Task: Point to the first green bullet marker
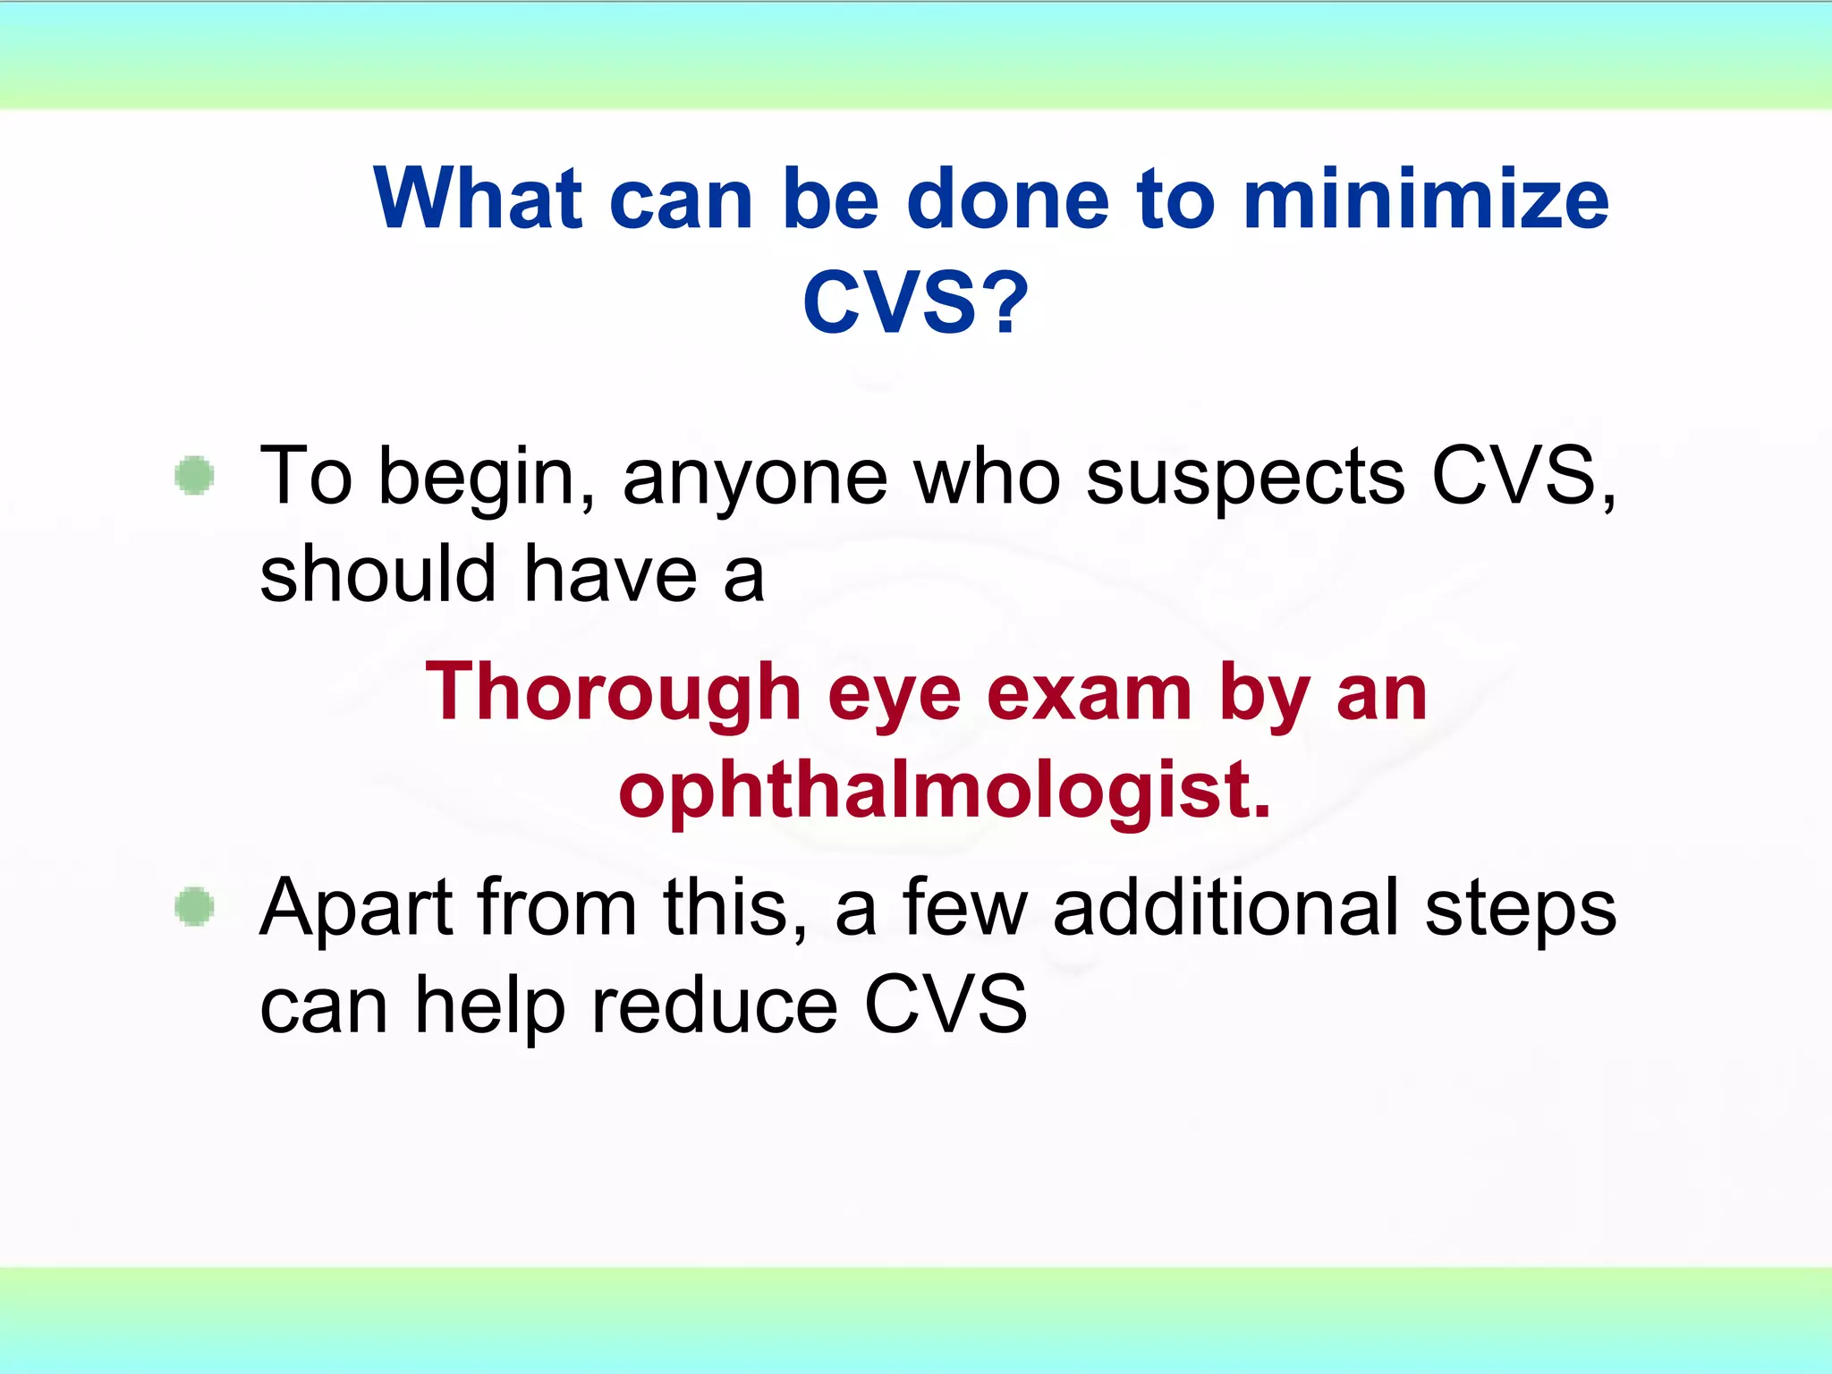194,475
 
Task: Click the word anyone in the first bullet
754,479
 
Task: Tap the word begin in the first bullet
487,479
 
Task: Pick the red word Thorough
613,693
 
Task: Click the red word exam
1090,693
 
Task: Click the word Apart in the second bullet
356,909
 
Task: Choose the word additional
1226,909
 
